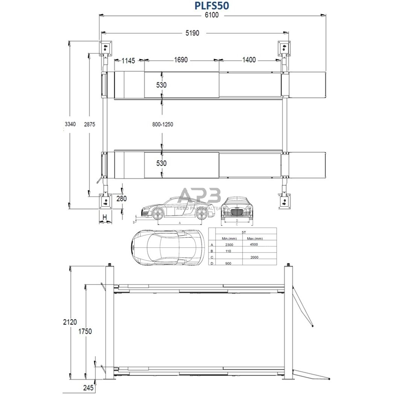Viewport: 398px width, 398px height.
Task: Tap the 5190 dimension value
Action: (x=192, y=33)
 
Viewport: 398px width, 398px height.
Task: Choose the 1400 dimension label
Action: (x=249, y=60)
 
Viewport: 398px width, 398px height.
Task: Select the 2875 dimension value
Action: (x=89, y=124)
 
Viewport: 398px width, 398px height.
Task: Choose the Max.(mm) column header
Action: (x=255, y=238)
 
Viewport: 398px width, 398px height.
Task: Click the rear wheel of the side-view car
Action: (x=202, y=214)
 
